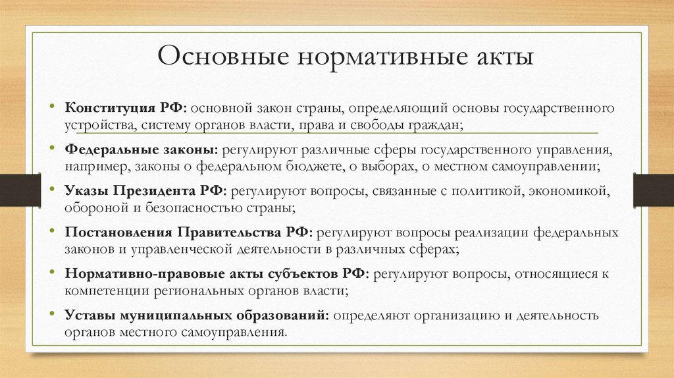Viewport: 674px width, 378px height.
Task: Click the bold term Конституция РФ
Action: (x=126, y=107)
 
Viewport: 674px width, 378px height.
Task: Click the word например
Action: (x=95, y=165)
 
